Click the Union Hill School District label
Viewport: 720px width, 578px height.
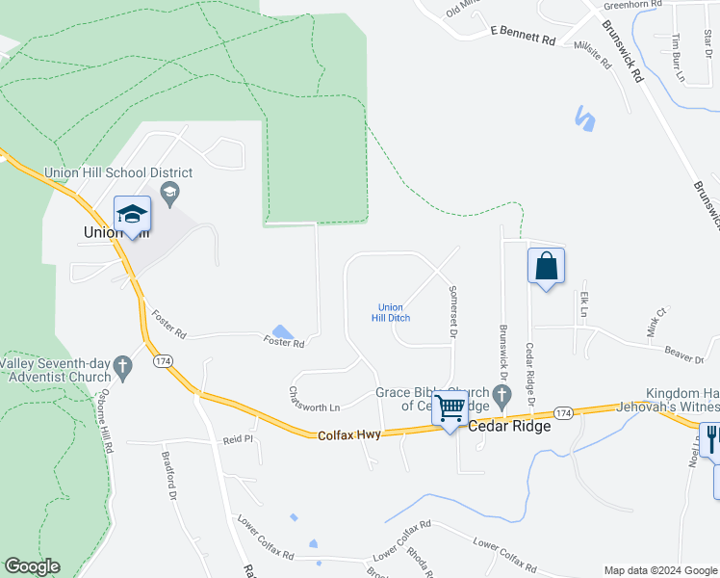[118, 173]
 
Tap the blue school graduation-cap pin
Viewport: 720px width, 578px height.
[132, 214]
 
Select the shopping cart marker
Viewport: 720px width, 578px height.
[450, 408]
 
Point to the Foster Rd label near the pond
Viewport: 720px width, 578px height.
[284, 342]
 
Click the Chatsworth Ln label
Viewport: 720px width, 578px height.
[316, 392]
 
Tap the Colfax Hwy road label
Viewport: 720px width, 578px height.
[348, 436]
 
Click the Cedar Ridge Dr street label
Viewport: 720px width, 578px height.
[529, 367]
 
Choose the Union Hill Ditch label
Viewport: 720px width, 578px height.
[390, 312]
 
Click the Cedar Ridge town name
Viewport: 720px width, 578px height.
[509, 426]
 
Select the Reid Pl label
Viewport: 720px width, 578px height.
[237, 439]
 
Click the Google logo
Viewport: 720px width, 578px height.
[32, 567]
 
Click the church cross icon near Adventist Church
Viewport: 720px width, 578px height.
[121, 365]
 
